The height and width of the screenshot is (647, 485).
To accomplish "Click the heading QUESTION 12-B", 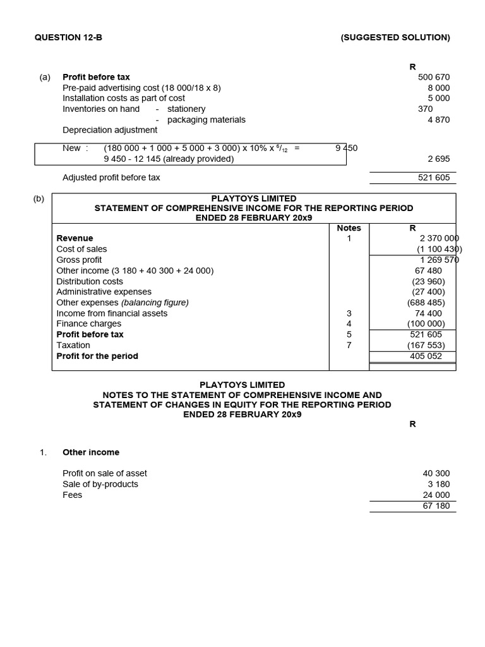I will tap(68, 37).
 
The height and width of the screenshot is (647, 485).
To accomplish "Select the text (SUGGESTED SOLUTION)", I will tap(395, 37).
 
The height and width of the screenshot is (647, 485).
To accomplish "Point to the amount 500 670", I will tap(434, 77).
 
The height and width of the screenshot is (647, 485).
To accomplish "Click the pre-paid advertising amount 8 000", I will tap(438, 88).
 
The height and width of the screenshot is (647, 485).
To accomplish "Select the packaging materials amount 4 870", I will tap(438, 119).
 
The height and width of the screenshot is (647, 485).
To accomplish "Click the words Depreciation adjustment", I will tap(110, 130).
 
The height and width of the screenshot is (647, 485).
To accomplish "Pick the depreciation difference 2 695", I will tap(438, 159).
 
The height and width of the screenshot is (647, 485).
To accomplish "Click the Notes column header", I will tap(349, 228).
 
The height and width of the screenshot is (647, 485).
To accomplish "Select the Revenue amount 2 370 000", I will tap(439, 239).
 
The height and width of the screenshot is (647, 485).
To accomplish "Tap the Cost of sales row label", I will tap(81, 249).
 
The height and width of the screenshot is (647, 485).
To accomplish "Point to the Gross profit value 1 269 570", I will tap(440, 260).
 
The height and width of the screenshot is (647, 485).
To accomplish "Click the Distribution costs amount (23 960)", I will tap(428, 281).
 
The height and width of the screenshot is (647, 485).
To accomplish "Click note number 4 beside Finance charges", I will tap(349, 324).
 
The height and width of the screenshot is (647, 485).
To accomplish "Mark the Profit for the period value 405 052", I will tap(426, 356).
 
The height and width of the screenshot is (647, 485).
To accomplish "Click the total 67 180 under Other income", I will tap(436, 506).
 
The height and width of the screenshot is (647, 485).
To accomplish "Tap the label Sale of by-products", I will tap(100, 484).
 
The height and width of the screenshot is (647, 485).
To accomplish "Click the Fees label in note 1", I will tap(72, 495).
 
